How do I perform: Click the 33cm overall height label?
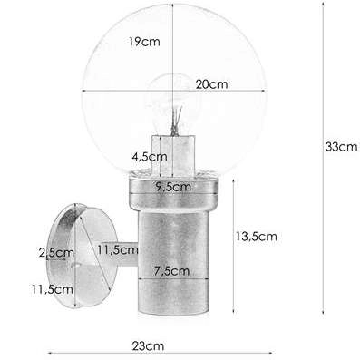(x=342, y=146)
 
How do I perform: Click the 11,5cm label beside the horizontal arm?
(x=116, y=250)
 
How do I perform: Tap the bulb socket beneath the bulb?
(x=178, y=154)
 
